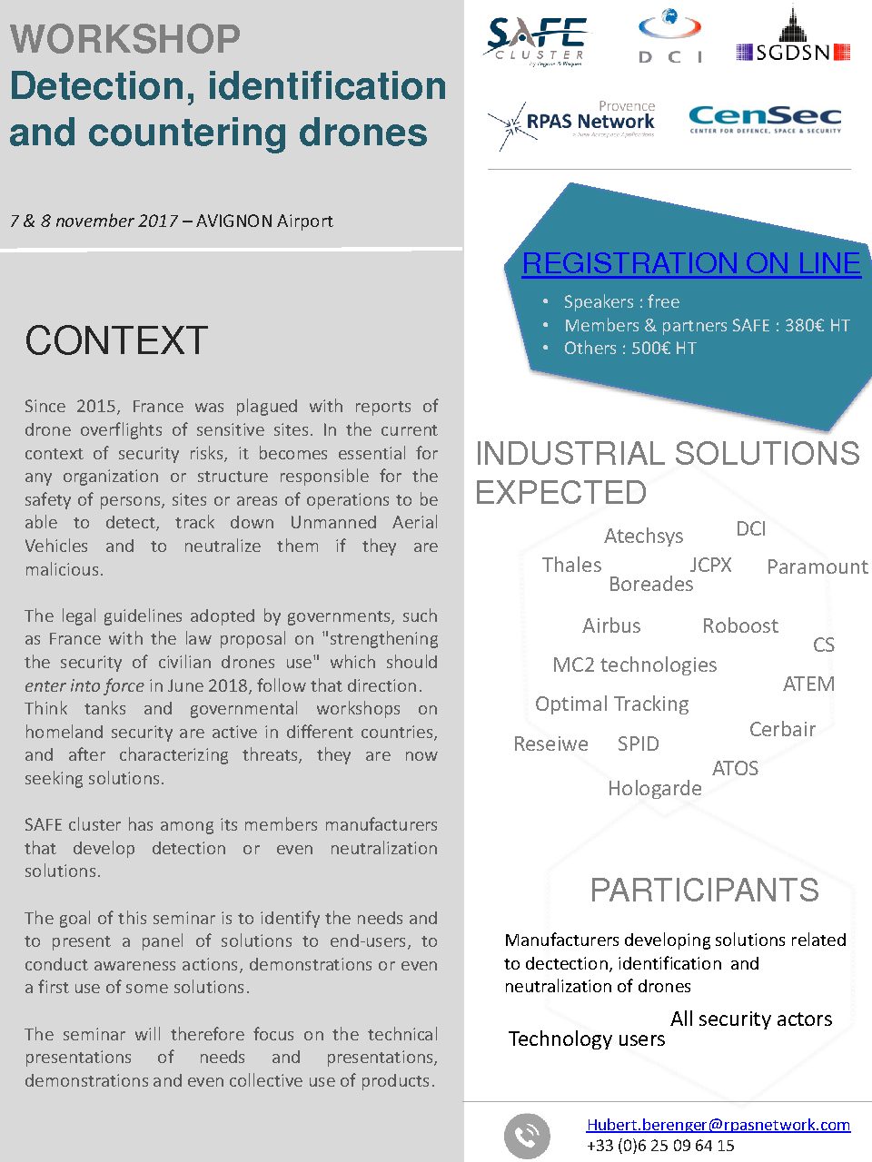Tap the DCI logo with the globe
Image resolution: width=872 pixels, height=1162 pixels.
point(670,35)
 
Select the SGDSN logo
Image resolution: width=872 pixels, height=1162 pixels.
point(793,38)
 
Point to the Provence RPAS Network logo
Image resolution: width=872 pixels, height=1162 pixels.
point(572,123)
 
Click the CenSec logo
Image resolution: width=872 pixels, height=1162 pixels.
point(765,120)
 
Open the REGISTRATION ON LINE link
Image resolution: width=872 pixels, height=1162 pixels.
point(691,263)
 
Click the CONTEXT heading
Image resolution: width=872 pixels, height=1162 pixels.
point(116,340)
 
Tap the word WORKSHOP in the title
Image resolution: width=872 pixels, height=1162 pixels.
point(125,39)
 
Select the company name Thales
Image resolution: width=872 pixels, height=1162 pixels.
point(571,565)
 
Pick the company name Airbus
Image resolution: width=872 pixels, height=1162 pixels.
point(611,625)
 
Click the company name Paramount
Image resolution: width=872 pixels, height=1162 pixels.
point(817,566)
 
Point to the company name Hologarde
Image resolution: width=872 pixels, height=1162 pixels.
point(654,788)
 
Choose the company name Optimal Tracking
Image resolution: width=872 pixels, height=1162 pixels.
point(611,704)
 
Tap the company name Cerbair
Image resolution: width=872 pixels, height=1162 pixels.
point(782,729)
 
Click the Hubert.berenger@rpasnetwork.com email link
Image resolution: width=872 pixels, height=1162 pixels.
point(718,1124)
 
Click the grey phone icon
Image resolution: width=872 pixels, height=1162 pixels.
point(527,1136)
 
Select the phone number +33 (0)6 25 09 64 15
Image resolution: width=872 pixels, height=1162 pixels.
point(660,1146)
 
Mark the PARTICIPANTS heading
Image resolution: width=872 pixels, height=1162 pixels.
point(704,891)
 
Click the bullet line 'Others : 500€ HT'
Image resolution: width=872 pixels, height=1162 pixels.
point(629,349)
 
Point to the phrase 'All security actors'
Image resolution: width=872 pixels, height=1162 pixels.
point(751,1019)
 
